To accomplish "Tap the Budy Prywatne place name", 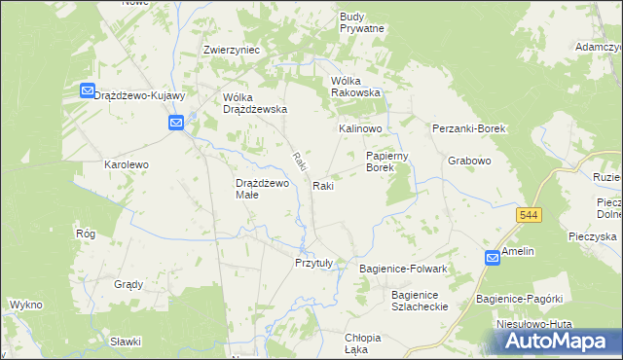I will [362, 22].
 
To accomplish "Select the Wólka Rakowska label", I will [355, 87].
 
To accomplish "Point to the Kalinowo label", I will [360, 128].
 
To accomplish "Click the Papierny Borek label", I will [392, 162].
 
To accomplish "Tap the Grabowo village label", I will [468, 161].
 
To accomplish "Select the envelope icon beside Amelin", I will [493, 257].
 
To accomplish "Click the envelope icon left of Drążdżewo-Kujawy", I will [86, 91].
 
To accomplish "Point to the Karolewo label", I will [127, 165].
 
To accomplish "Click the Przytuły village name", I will [314, 263].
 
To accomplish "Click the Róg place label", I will [85, 234].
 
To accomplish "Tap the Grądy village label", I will [128, 285].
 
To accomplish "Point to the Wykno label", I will [25, 305].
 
